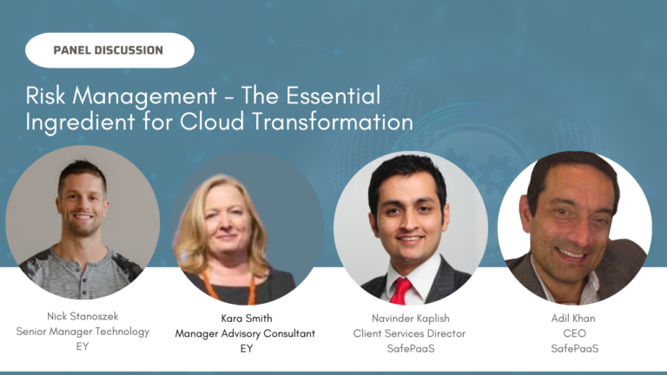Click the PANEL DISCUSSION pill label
click(x=109, y=50)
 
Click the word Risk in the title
click(x=45, y=95)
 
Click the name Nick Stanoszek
click(x=83, y=318)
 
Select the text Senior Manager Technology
click(x=83, y=332)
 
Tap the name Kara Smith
click(x=245, y=319)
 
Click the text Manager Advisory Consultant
click(x=245, y=332)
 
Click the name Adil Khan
click(x=573, y=319)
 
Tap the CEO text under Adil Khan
click(x=573, y=333)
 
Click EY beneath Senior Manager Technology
click(x=83, y=346)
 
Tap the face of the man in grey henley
click(x=83, y=200)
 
